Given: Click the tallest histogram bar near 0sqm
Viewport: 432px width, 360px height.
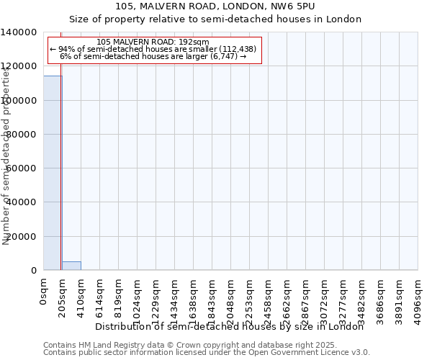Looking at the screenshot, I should pos(53,173).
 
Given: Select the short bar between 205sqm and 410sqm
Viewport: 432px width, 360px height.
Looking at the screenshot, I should pos(71,266).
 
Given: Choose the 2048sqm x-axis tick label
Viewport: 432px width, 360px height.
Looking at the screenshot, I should pos(231,296).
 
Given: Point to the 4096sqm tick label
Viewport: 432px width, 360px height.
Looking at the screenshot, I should pos(418,296).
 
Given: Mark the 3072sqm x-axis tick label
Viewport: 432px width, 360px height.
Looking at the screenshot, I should pos(325,296).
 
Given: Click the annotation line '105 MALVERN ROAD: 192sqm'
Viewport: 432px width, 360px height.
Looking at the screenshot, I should pos(153,42).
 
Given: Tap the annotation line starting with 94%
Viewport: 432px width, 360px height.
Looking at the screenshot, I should pos(153,49).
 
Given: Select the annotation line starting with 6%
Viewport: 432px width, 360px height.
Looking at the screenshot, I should pos(153,56).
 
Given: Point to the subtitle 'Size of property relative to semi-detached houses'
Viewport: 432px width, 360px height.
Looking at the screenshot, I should pos(215,19).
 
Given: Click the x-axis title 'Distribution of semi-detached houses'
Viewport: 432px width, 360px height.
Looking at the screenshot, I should pos(230,327).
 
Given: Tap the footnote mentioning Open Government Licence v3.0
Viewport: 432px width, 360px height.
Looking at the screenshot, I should pos(207,353).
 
